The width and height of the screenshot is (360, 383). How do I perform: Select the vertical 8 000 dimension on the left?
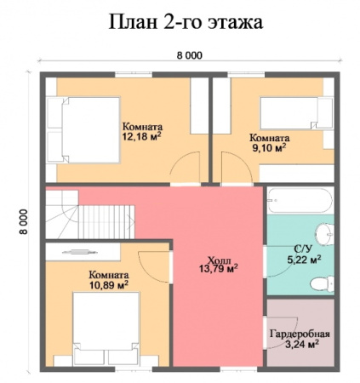[26, 220]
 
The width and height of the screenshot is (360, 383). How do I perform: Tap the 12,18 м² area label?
[142, 135]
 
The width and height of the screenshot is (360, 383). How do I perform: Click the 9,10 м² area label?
[269, 146]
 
